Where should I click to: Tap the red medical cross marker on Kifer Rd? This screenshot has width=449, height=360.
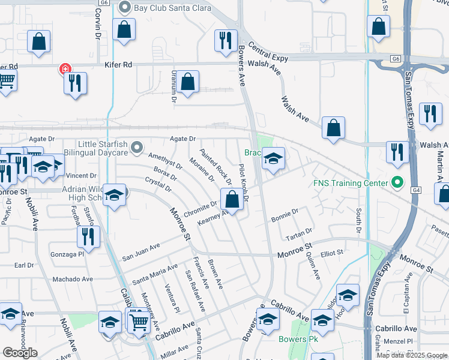[64, 70]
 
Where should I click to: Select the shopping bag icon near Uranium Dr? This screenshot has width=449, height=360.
[188, 84]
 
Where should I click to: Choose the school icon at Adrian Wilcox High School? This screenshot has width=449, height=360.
[114, 196]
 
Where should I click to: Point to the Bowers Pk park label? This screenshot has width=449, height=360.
[298, 339]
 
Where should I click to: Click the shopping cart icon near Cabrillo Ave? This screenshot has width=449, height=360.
[139, 323]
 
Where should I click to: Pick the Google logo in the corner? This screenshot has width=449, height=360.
[20, 352]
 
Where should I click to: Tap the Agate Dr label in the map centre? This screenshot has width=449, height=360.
[183, 139]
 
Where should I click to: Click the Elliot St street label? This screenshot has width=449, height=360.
[332, 253]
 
